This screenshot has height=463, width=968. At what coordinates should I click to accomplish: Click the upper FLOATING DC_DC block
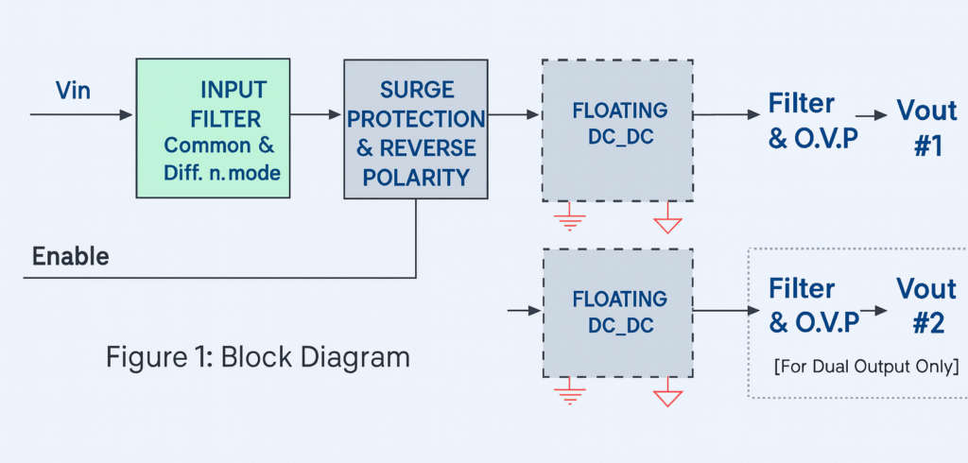618,130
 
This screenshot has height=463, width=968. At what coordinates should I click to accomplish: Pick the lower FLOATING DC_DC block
618,313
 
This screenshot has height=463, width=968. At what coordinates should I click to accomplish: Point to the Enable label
71,256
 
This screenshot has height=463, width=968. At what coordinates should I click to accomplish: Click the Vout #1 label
926,128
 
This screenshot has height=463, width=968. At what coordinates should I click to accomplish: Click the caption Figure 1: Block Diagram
257,357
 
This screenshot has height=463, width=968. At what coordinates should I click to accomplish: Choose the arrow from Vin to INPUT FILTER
82,115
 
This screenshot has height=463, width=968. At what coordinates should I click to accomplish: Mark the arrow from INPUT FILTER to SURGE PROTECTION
316,115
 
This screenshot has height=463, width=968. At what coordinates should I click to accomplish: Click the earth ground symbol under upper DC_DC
570,220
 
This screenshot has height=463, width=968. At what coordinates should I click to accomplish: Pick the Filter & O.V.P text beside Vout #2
814,304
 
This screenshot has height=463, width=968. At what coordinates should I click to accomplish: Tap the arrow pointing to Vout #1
878,115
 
